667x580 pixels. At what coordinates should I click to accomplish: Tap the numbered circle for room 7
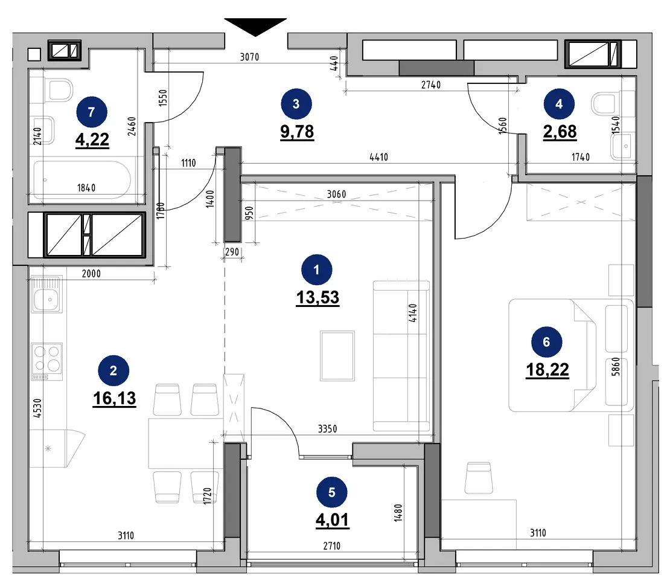point(92,112)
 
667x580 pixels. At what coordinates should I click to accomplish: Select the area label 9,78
point(297,132)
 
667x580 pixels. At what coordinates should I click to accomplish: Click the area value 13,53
point(318,297)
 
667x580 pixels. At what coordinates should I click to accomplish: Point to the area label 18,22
point(547,370)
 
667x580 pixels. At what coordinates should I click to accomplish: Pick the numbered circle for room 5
point(332,492)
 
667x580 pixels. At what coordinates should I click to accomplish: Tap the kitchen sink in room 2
point(46,294)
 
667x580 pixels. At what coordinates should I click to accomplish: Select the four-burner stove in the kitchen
point(47,361)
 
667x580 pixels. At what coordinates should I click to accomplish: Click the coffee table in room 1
point(338,356)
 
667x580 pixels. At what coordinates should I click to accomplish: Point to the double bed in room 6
point(571,355)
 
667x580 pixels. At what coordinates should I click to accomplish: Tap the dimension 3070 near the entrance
point(249,57)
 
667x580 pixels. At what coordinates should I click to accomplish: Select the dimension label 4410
point(378,157)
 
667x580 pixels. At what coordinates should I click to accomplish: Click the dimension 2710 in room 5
point(331,546)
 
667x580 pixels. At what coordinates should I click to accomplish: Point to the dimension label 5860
point(616,367)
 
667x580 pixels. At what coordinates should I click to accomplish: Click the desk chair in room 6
point(479,478)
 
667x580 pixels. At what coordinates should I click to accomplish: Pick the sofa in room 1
point(401,356)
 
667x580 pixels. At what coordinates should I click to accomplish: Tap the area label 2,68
point(560,132)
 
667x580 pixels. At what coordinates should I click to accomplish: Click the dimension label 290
point(232,252)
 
